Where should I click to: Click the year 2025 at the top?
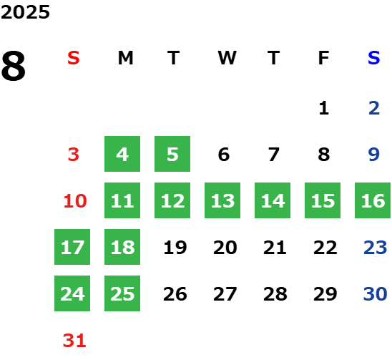click(25, 12)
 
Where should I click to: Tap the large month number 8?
click(14, 66)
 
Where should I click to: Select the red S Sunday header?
click(74, 58)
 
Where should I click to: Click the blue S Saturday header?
click(373, 58)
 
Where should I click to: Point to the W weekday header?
click(227, 58)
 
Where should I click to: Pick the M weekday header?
click(125, 58)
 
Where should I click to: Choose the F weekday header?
click(324, 58)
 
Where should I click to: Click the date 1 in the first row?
click(324, 108)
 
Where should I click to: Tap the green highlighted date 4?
click(122, 154)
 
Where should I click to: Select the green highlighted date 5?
click(172, 154)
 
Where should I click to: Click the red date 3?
click(74, 155)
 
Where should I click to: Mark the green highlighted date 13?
click(222, 200)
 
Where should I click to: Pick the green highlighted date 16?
click(373, 200)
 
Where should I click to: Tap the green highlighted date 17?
click(72, 247)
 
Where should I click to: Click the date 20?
click(225, 248)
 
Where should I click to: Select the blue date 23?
click(376, 248)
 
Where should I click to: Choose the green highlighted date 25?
click(122, 293)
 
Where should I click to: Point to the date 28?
click(275, 294)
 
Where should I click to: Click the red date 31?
click(74, 341)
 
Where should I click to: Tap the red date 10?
click(75, 201)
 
